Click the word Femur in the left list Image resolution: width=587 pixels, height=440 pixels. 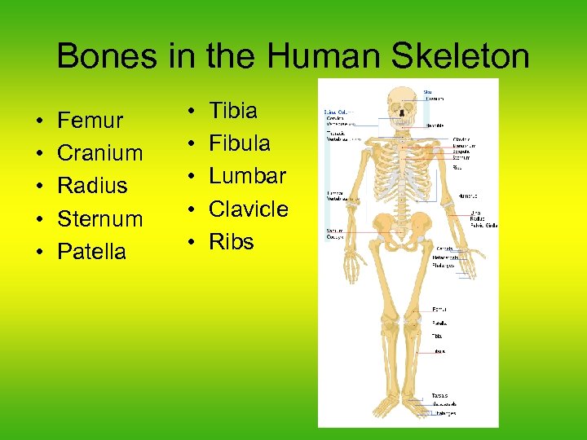(x=90, y=121)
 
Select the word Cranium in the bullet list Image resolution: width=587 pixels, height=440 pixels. (x=99, y=153)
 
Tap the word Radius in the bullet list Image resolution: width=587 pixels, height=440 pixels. (x=92, y=186)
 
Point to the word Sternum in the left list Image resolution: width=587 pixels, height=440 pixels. (x=99, y=219)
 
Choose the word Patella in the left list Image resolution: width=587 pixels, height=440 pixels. (x=91, y=252)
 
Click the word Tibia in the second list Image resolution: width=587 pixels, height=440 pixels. (x=233, y=111)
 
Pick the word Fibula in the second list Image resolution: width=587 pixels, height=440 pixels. (x=239, y=143)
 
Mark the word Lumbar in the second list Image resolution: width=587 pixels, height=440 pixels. (x=247, y=176)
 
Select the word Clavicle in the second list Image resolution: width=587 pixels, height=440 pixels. (x=248, y=209)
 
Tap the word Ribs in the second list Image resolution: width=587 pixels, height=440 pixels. (x=232, y=242)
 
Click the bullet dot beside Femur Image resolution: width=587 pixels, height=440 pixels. (x=39, y=121)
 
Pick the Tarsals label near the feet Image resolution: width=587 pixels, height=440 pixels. (x=439, y=397)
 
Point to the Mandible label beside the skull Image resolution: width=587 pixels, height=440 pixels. (x=436, y=125)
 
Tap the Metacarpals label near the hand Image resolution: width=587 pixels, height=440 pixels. (x=445, y=257)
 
